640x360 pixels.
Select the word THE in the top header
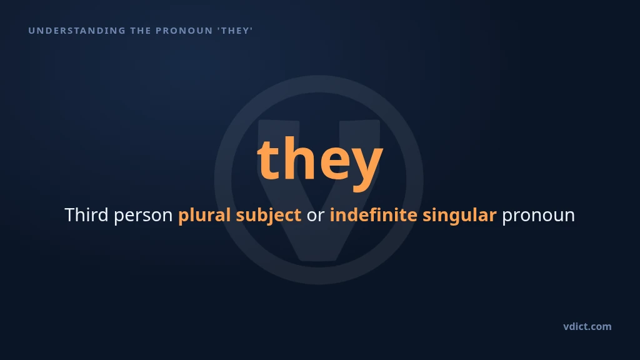pyautogui.click(x=141, y=31)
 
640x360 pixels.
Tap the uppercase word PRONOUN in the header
pyautogui.click(x=184, y=31)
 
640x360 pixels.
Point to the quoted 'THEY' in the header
pyautogui.click(x=235, y=31)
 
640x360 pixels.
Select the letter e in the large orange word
pyautogui.click(x=335, y=163)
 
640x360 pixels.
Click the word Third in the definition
pyautogui.click(x=86, y=215)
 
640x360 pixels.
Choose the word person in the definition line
pyautogui.click(x=143, y=217)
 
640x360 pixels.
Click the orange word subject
pyautogui.click(x=269, y=216)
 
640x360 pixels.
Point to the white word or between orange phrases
pyautogui.click(x=316, y=216)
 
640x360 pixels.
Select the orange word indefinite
pyautogui.click(x=374, y=215)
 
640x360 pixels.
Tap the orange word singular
pyautogui.click(x=459, y=216)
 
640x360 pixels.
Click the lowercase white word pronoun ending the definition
pyautogui.click(x=538, y=217)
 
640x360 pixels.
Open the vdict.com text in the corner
pyautogui.click(x=587, y=326)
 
